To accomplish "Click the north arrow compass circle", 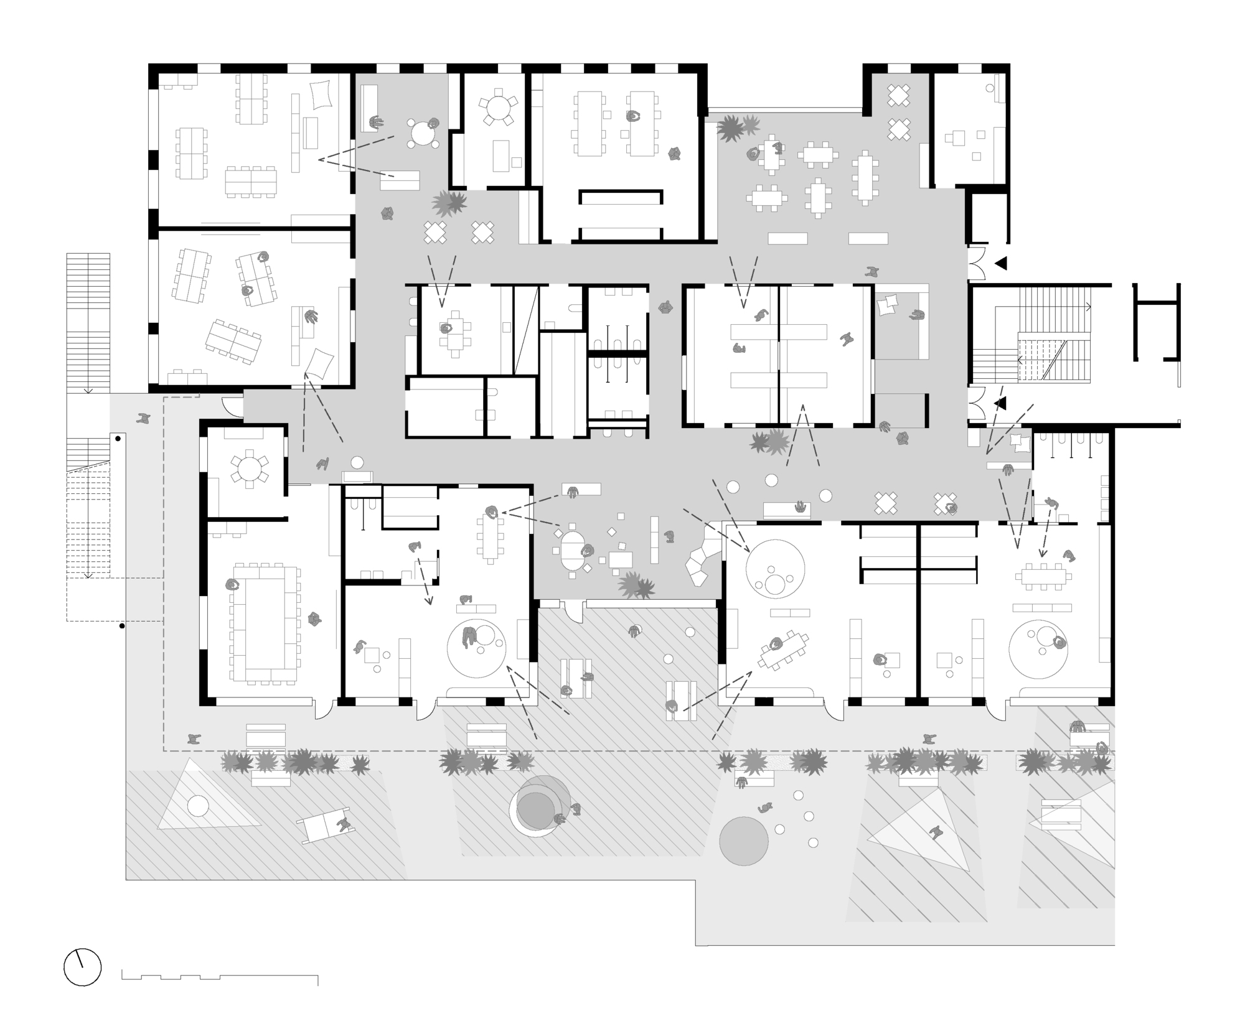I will tap(82, 967).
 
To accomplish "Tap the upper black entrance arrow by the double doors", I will tap(1001, 264).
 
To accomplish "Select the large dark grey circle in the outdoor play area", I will tap(743, 841).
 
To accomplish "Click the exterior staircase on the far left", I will tap(88, 324).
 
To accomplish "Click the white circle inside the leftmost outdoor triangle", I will tap(198, 806).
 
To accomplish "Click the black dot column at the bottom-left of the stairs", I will tap(122, 626).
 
